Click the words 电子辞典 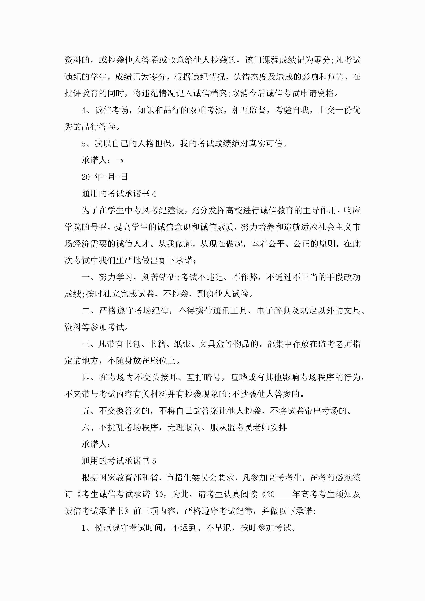[274, 311]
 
